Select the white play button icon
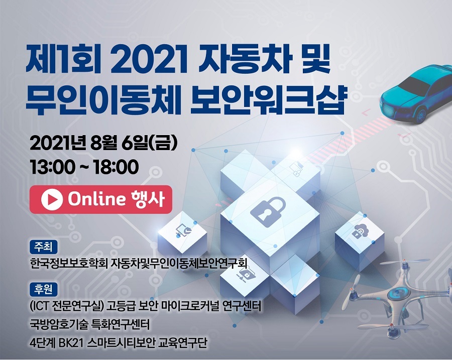52,199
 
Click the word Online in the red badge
97,199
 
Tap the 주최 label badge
44,247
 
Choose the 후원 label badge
44,289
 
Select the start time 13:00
53,167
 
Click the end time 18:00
116,167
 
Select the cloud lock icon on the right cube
360,231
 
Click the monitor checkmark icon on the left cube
183,230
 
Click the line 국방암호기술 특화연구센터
90,324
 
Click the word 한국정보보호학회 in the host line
69,263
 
